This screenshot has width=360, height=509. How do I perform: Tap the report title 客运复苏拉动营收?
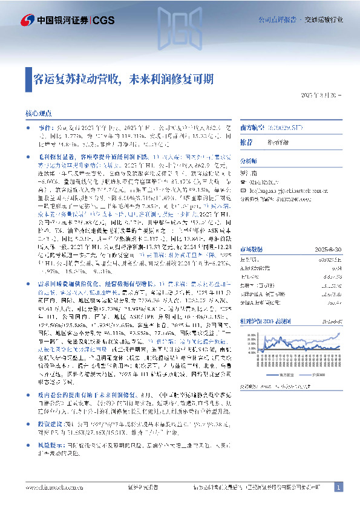pos(79,79)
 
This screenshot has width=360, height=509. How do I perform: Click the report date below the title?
pos(321,96)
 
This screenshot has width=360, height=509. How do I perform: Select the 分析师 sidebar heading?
pos(249,161)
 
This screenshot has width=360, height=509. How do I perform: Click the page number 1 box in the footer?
pos(338,487)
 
